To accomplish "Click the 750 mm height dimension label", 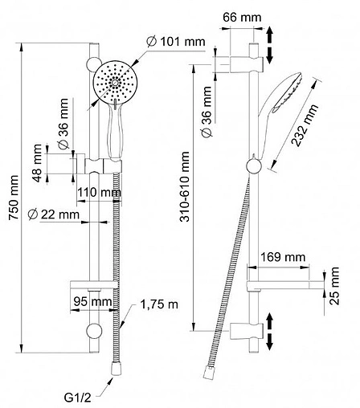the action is [14, 198].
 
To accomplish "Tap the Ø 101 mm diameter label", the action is [176, 42].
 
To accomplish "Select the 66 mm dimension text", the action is [242, 18].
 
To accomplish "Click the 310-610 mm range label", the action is [185, 186].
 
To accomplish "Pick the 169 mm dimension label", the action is [283, 257].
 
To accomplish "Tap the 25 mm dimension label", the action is [334, 286].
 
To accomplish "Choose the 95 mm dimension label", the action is [92, 302].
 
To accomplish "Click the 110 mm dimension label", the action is [99, 192].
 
